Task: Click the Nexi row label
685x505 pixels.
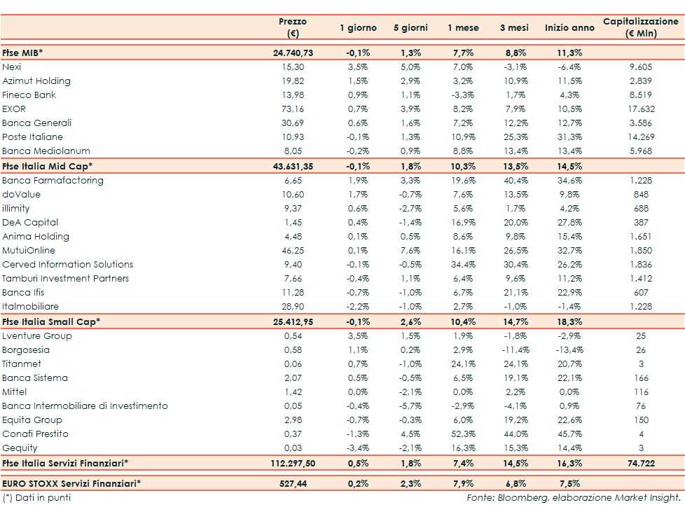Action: [12, 67]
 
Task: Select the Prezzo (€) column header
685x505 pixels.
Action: [293, 27]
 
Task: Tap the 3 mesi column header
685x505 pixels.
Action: [513, 28]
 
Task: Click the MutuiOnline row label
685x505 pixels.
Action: [29, 250]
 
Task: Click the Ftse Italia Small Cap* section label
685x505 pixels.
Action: [51, 321]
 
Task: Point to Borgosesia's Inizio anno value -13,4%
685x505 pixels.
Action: [568, 350]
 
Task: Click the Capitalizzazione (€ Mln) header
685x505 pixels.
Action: [641, 27]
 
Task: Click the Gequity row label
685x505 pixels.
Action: [20, 448]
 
